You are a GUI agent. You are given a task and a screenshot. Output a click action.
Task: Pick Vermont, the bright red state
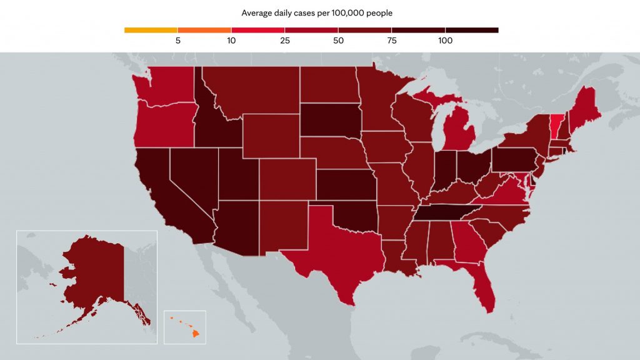[556, 126]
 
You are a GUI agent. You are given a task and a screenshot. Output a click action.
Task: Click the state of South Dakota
[331, 121]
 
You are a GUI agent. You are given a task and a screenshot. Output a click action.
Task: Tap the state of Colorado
[287, 179]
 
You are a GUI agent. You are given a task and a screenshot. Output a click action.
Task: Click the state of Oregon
[165, 124]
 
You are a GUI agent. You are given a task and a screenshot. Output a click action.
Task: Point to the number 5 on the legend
[178, 41]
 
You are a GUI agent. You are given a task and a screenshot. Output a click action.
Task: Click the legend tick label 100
[445, 41]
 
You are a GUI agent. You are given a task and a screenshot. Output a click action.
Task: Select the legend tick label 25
[285, 41]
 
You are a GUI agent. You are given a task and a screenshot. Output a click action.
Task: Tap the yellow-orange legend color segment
[151, 30]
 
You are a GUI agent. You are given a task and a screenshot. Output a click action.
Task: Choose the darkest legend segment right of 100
[472, 30]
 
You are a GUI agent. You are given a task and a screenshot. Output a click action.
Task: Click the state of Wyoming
[271, 136]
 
